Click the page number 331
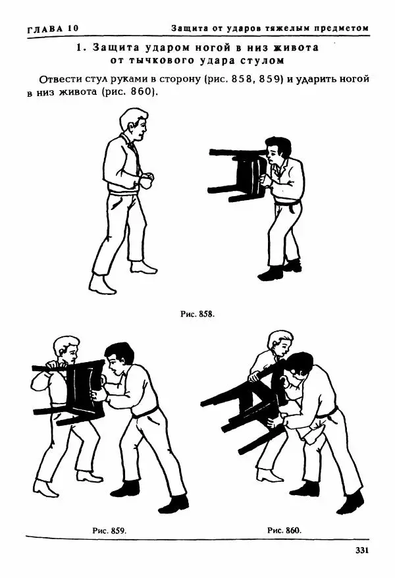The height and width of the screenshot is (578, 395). [361, 551]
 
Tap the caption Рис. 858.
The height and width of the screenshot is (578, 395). [197, 315]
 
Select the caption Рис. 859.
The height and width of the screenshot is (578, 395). [109, 531]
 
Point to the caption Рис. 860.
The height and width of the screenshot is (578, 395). [284, 531]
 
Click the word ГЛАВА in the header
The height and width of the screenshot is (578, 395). [44, 29]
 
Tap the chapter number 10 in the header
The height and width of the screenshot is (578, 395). [73, 29]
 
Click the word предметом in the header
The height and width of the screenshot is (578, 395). [341, 28]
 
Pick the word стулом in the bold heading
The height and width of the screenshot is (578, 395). [263, 61]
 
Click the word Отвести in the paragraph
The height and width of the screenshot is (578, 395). [60, 80]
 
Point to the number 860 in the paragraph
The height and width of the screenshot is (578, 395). [142, 92]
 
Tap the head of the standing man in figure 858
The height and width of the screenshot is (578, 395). [134, 124]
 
